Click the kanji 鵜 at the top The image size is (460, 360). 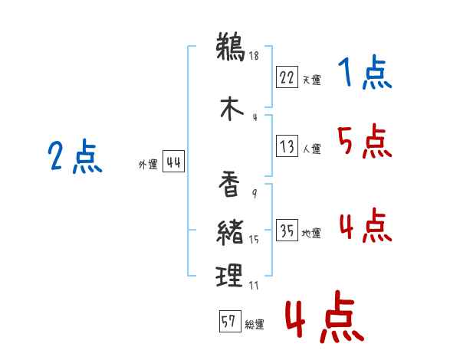click(229, 47)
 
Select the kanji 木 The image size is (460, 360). click(231, 108)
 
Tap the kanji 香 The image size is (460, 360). click(229, 185)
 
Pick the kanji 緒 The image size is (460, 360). click(229, 231)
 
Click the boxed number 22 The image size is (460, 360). click(287, 78)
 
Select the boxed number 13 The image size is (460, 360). click(287, 146)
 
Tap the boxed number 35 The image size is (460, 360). click(287, 231)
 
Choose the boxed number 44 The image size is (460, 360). click(173, 162)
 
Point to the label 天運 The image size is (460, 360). click(311, 80)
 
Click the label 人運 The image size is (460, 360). click(311, 149)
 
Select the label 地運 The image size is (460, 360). click(311, 234)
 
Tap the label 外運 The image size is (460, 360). click(148, 164)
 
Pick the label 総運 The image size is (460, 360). click(255, 324)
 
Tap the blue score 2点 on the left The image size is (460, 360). click(75, 158)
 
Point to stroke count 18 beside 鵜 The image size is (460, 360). click(253, 55)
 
